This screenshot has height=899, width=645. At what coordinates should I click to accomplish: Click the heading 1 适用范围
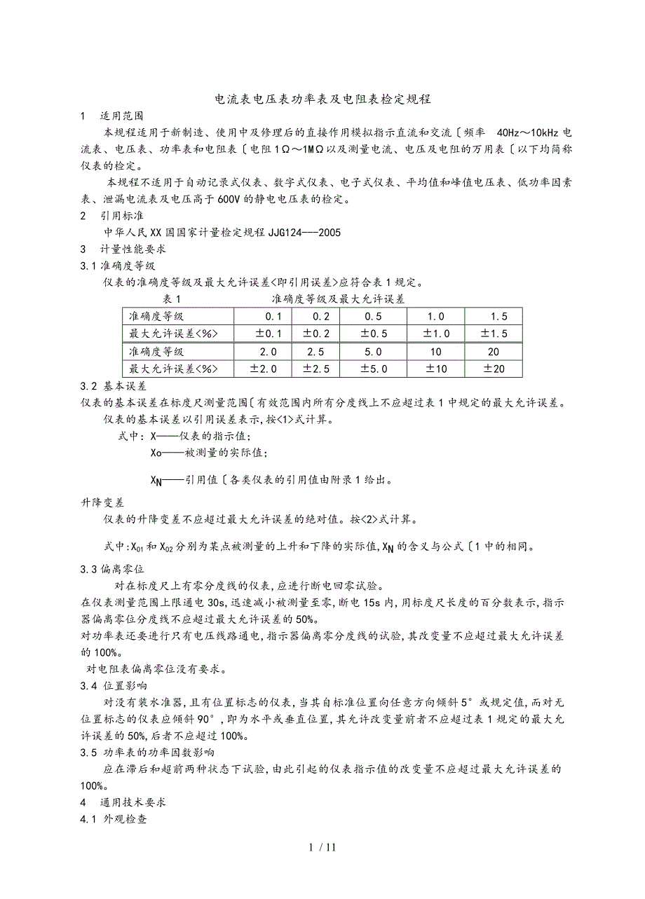click(x=114, y=116)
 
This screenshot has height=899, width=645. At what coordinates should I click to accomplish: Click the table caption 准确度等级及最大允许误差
click(x=338, y=299)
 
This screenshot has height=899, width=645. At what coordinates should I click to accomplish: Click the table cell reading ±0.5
click(x=373, y=334)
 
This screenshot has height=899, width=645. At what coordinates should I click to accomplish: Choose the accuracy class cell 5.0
click(x=373, y=352)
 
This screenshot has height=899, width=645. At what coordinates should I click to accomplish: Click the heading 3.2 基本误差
click(x=114, y=386)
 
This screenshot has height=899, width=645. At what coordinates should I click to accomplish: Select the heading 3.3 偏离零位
click(x=114, y=569)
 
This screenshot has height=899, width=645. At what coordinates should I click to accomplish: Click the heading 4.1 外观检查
click(x=114, y=818)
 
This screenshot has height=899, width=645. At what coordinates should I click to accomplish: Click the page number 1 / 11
click(x=322, y=847)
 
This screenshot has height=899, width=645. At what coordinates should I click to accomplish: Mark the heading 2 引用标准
click(x=114, y=216)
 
